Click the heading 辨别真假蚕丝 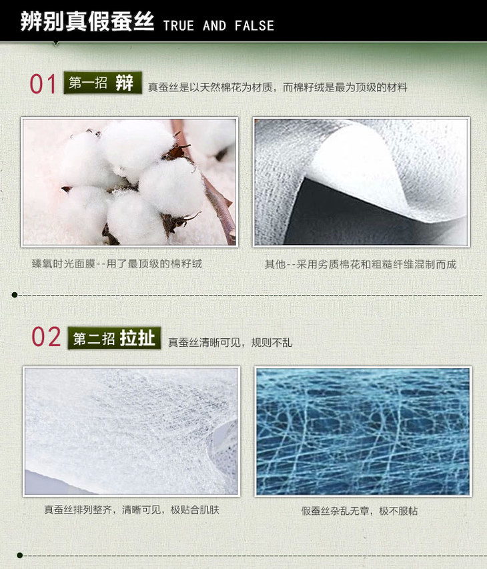(87, 21)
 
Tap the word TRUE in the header (179, 26)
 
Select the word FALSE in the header (254, 26)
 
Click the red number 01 (43, 84)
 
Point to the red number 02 (46, 336)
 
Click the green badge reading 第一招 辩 (103, 83)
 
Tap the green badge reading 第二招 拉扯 (114, 338)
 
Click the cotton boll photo (129, 182)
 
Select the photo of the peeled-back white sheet (362, 182)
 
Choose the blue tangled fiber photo (363, 432)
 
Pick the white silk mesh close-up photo (131, 431)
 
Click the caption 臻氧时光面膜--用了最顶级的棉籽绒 (117, 263)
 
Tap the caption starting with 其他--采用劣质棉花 (360, 264)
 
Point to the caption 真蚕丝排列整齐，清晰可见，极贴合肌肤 (131, 510)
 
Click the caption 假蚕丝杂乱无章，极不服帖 (360, 511)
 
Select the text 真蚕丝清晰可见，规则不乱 (230, 342)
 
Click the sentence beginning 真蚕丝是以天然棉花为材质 (278, 87)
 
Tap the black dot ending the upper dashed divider (15, 295)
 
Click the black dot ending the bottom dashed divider (19, 555)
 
